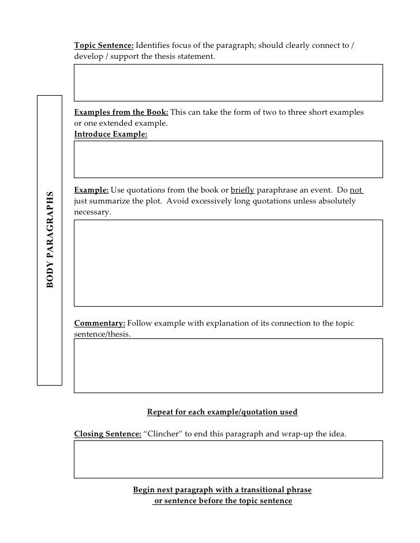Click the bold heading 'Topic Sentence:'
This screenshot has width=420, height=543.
coord(104,46)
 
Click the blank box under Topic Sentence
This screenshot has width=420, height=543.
coord(228,82)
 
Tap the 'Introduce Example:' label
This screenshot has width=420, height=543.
coord(111,134)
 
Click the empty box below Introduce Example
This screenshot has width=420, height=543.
coord(228,159)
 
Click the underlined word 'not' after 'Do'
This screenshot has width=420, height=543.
coord(356,190)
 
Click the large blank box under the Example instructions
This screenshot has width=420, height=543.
coord(228,262)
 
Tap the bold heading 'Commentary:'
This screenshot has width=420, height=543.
coord(99,323)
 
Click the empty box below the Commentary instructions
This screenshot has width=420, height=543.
coord(228,365)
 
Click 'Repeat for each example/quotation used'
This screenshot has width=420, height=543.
coord(222,412)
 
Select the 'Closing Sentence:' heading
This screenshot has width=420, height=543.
coord(108,433)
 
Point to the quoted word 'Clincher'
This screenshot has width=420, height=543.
coord(163,433)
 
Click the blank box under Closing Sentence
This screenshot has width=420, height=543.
coord(228,459)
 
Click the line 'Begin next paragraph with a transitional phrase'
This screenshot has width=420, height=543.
coord(222,490)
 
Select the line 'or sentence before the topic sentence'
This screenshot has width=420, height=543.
coord(223,501)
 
